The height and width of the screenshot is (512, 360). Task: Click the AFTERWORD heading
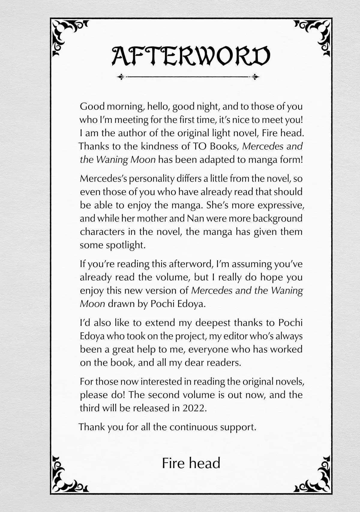[191, 56]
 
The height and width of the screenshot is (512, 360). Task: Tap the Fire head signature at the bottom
[191, 463]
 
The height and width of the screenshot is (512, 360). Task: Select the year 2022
[194, 408]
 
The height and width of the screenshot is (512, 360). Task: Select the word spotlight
[125, 245]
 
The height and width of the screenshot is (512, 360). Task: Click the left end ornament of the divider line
[121, 77]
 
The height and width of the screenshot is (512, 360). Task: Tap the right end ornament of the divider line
[256, 77]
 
